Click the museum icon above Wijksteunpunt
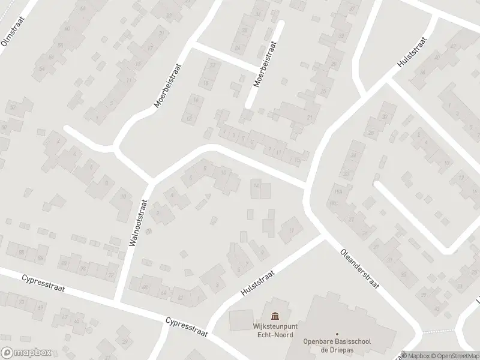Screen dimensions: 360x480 [x=275, y=316]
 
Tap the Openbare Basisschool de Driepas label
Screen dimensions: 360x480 [x=337, y=346]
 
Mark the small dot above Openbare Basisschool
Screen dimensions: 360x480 [x=337, y=334]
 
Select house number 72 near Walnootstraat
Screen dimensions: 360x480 [x=110, y=275]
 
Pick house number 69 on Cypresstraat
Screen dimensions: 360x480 [x=41, y=308]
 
